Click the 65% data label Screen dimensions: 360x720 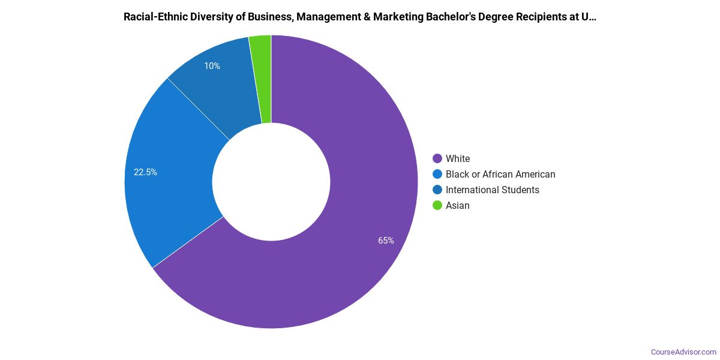[x=386, y=241]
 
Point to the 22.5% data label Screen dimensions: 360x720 [x=145, y=172]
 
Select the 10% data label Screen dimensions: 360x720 [x=212, y=66]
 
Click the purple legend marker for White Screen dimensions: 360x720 [x=437, y=159]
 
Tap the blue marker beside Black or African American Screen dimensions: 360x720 [x=437, y=175]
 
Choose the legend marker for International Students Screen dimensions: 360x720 [x=437, y=190]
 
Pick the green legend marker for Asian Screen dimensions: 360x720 [x=437, y=206]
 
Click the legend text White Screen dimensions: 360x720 [x=458, y=159]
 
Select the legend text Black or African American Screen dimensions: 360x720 [x=500, y=175]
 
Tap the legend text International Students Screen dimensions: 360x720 [x=493, y=190]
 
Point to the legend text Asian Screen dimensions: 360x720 [x=458, y=206]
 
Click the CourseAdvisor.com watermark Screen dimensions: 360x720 [x=683, y=352]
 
